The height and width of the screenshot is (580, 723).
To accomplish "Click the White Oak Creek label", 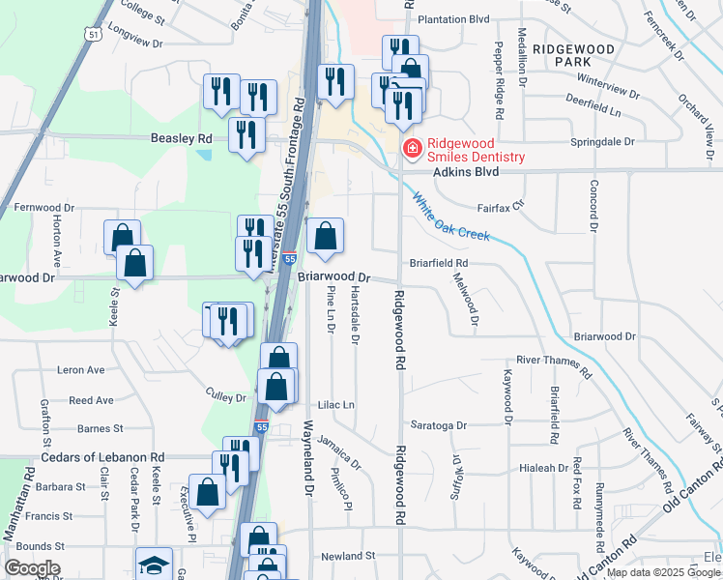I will tap(451, 217).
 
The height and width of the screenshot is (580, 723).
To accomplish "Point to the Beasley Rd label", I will tap(181, 138).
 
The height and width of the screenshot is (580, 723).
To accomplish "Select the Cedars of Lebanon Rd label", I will tap(102, 457).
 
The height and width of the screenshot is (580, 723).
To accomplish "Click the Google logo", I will tap(31, 568).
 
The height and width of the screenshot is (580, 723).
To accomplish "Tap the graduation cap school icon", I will tap(154, 565).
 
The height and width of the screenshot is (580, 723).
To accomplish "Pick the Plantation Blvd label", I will tap(454, 19).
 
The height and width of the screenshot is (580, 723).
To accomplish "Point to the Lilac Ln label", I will tap(337, 405).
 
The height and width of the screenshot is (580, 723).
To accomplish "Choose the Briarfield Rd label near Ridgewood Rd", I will tap(438, 262).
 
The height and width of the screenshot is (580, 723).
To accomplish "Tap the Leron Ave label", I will tap(81, 370).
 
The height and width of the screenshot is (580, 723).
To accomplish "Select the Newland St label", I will tap(347, 556).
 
